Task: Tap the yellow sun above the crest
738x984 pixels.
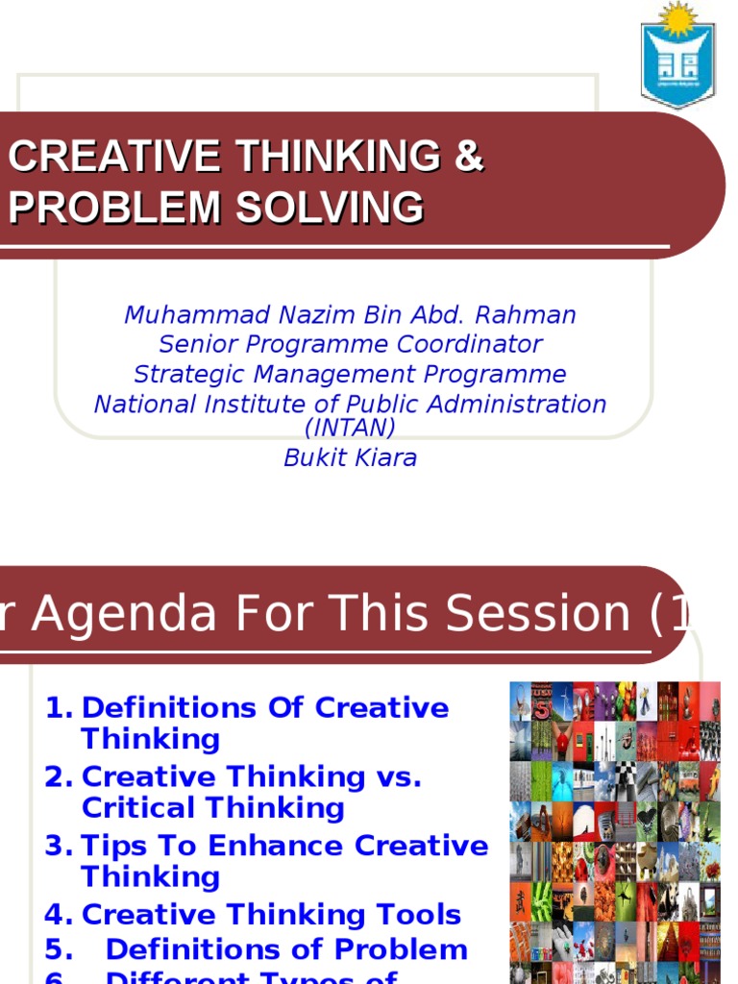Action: [678, 16]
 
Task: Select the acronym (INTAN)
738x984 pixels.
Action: [350, 428]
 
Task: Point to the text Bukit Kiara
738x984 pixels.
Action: [350, 457]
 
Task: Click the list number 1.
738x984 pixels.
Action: [58, 708]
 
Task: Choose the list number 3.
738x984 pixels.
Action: [58, 846]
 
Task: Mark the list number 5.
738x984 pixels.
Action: [58, 949]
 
